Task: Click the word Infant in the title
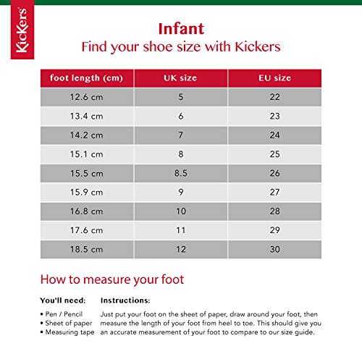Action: pyautogui.click(x=181, y=29)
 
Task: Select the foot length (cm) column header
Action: pyautogui.click(x=86, y=77)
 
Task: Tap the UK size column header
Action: pyautogui.click(x=181, y=77)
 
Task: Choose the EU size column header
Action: pyautogui.click(x=274, y=77)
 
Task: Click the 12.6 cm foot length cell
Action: pyautogui.click(x=86, y=97)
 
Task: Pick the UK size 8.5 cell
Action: pyautogui.click(x=181, y=174)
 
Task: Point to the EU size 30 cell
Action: pyautogui.click(x=274, y=250)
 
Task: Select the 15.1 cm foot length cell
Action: pyautogui.click(x=86, y=154)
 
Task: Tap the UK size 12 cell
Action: pyautogui.click(x=181, y=250)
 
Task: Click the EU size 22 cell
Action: pyautogui.click(x=274, y=97)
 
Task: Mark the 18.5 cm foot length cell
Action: pyautogui.click(x=86, y=250)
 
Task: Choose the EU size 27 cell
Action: pyautogui.click(x=274, y=193)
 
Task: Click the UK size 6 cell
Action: pyautogui.click(x=181, y=116)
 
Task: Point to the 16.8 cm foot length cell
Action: pyautogui.click(x=86, y=211)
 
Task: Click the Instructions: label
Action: pyautogui.click(x=125, y=300)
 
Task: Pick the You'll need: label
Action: pyautogui.click(x=62, y=300)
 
